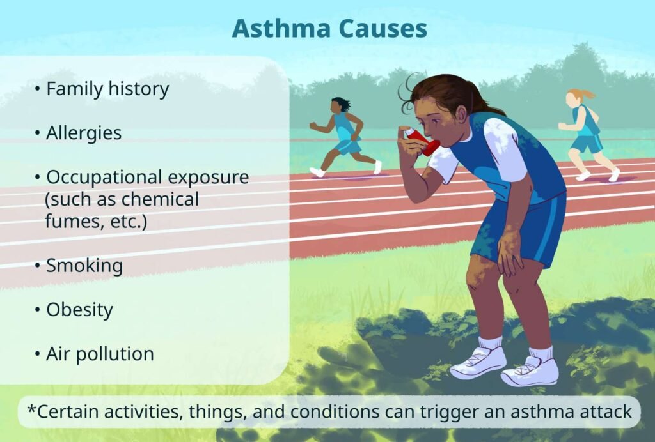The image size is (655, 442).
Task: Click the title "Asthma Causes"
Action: point(329,29)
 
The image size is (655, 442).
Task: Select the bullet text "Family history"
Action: point(107,89)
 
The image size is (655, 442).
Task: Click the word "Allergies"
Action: point(83,133)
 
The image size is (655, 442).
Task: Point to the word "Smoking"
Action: point(84,265)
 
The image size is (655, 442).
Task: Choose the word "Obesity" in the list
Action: point(79,310)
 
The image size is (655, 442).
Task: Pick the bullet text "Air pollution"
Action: point(99,354)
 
